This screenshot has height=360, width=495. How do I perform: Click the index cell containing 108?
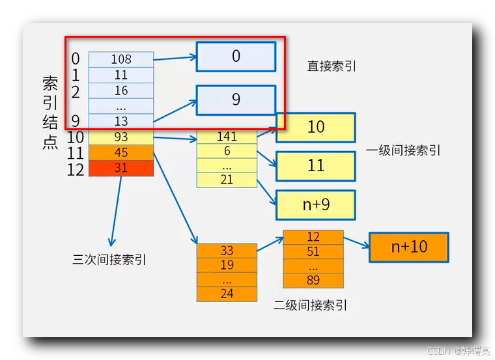121,59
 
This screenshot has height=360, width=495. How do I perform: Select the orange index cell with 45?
121,152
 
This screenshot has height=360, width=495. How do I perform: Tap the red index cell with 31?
121,168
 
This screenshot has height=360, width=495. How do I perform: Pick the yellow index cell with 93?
121,137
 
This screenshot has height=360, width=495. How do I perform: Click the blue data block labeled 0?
236,57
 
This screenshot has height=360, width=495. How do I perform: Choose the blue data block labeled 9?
236,99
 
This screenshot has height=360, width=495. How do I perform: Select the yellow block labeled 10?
316,128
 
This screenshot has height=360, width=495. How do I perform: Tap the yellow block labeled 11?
316,165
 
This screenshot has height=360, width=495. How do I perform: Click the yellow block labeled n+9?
316,205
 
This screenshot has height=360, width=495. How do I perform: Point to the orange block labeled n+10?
408,247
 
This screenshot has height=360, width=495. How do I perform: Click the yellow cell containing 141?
227,137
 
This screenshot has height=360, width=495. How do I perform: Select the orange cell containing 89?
313,281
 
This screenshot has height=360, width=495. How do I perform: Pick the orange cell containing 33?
227,251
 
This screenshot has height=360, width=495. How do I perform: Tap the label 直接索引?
332,66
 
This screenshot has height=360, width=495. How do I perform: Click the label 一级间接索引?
403,150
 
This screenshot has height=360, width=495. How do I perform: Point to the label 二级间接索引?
310,305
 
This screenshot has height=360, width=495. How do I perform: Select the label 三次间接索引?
109,260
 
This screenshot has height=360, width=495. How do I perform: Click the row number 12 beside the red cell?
76,169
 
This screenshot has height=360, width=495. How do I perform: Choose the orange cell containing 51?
313,252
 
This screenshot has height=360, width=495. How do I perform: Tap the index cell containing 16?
121,90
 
